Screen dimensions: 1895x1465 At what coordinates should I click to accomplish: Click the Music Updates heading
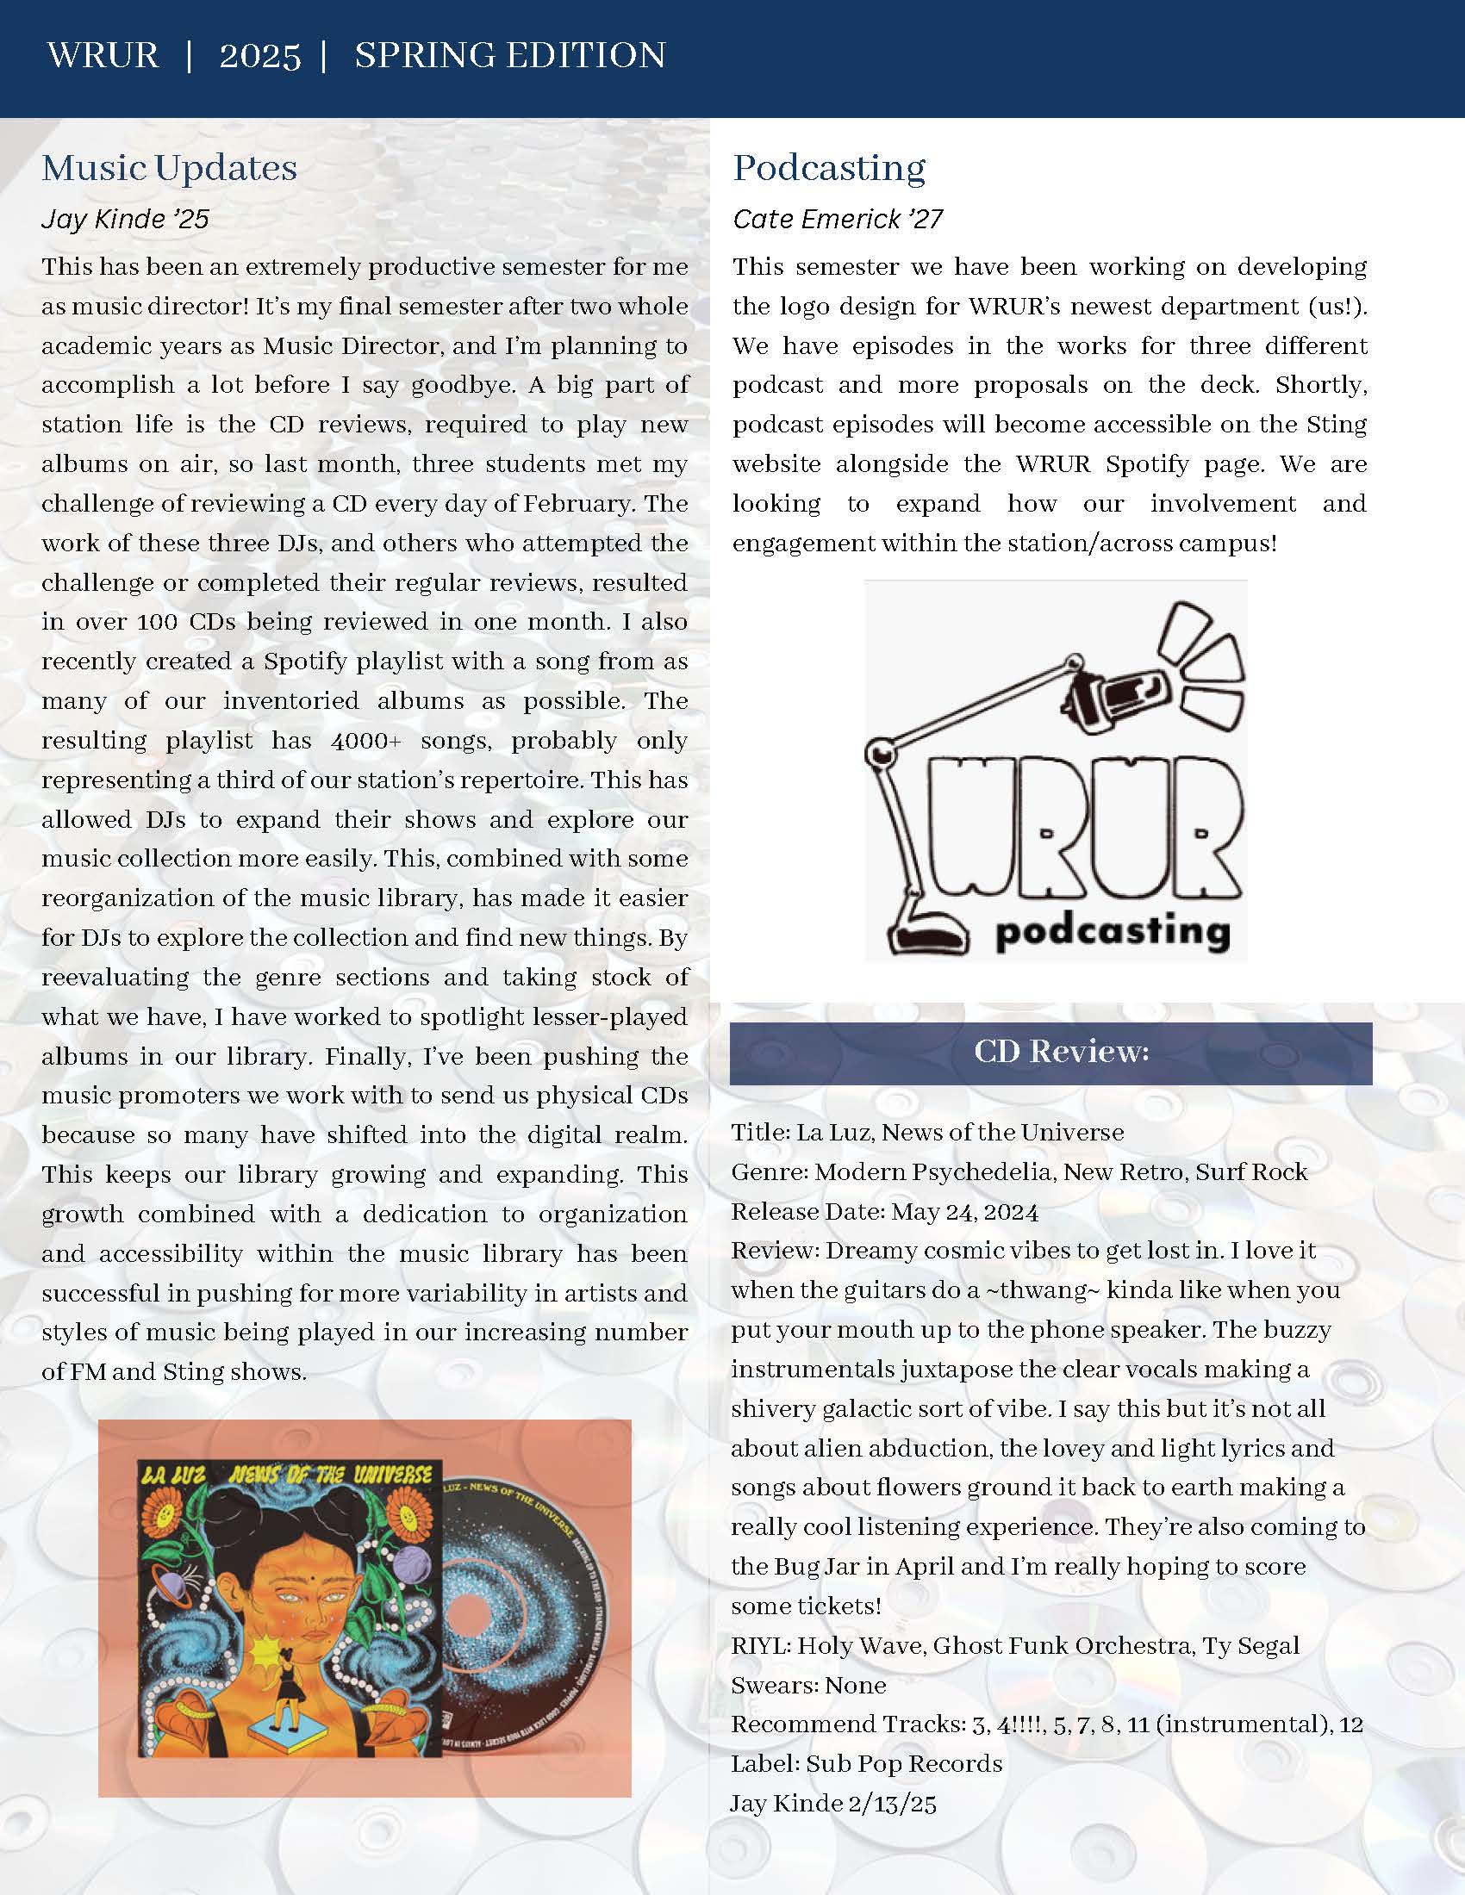[169, 167]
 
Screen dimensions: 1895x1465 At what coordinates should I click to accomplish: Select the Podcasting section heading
[829, 167]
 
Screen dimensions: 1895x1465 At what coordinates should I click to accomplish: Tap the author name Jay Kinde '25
[125, 219]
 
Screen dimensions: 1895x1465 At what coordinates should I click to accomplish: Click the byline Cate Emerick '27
[838, 219]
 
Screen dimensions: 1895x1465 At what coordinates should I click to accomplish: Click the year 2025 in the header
[259, 56]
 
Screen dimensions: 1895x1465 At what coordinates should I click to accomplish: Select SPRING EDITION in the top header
[509, 56]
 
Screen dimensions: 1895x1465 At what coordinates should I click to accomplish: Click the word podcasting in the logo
[1113, 933]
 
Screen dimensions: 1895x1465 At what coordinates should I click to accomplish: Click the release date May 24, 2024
[964, 1211]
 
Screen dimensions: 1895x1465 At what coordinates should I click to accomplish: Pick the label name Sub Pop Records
[903, 1764]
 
